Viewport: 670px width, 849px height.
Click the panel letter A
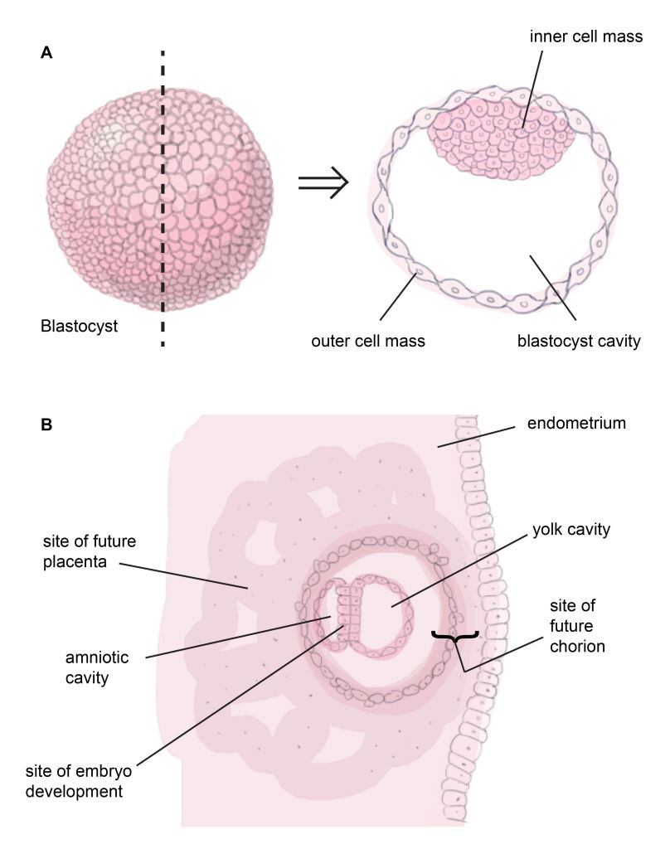tap(46, 52)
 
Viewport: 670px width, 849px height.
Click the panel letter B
tap(47, 424)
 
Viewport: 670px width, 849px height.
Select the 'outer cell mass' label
tap(368, 341)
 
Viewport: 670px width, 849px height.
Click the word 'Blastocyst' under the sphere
tap(79, 326)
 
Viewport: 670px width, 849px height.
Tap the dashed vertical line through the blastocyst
tap(162, 191)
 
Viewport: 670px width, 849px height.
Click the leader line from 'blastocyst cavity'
tap(555, 286)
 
